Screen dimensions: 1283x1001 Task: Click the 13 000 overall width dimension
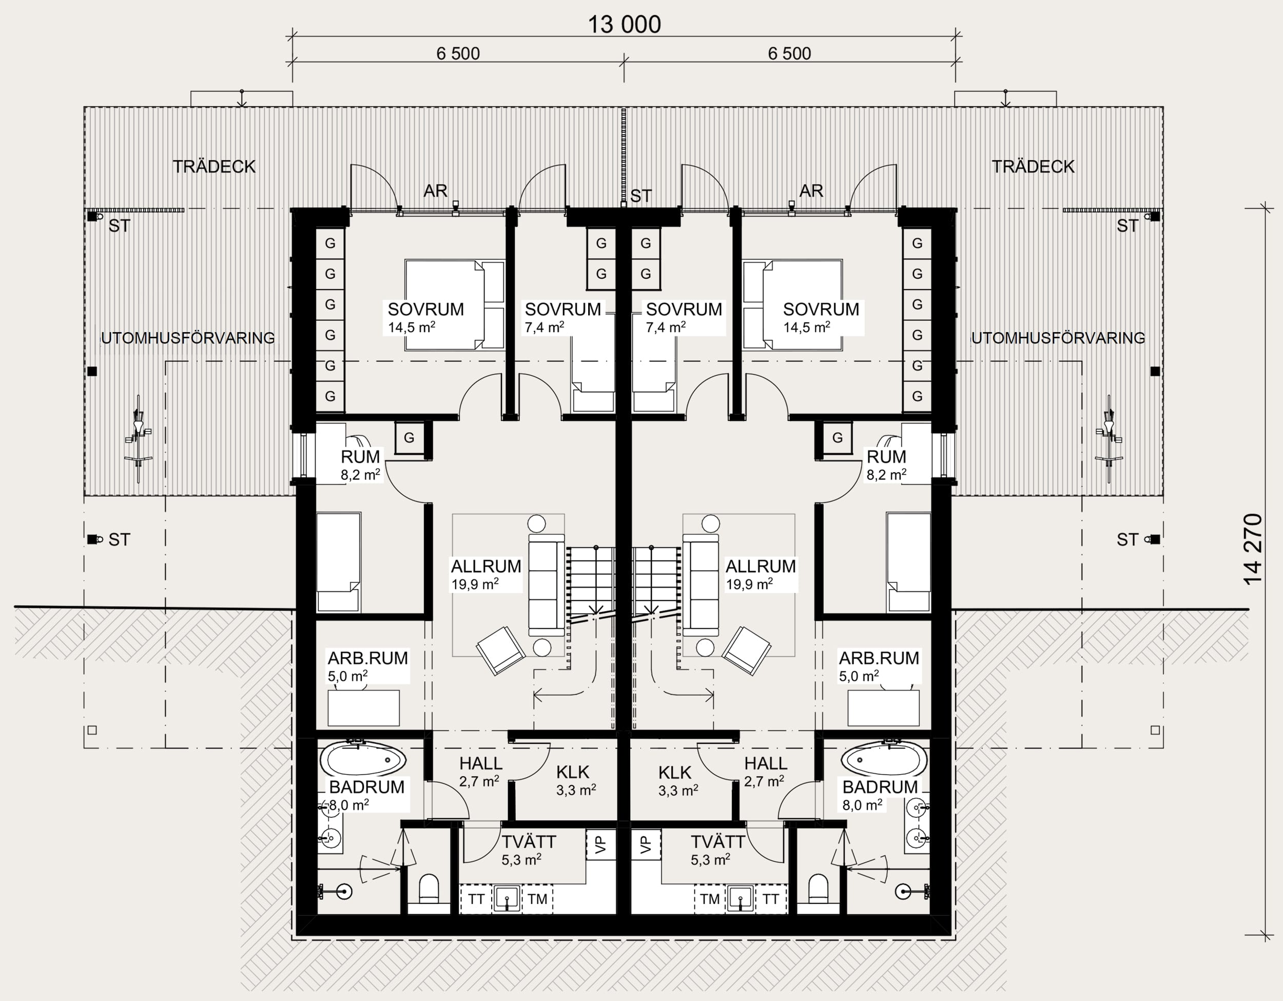point(624,25)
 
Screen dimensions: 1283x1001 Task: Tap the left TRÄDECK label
point(214,166)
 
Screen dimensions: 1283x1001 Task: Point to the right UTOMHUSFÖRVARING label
point(1058,338)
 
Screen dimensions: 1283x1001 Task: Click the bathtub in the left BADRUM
point(363,760)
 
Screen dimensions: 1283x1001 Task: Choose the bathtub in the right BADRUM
point(884,760)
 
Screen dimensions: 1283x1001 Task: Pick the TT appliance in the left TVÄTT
point(476,899)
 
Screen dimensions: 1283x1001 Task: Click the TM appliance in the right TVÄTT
point(710,899)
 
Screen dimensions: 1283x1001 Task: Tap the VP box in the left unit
point(600,845)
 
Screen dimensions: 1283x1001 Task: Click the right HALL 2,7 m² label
point(765,772)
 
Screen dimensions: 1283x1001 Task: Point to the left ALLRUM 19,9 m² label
point(486,574)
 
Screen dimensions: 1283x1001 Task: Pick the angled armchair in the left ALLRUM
point(500,650)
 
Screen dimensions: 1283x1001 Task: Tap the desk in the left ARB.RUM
point(364,708)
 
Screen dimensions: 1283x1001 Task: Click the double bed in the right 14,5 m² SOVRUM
point(792,305)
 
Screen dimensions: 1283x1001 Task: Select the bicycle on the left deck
point(138,438)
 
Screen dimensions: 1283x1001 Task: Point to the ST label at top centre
point(641,196)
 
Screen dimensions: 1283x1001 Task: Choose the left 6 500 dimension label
point(458,53)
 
